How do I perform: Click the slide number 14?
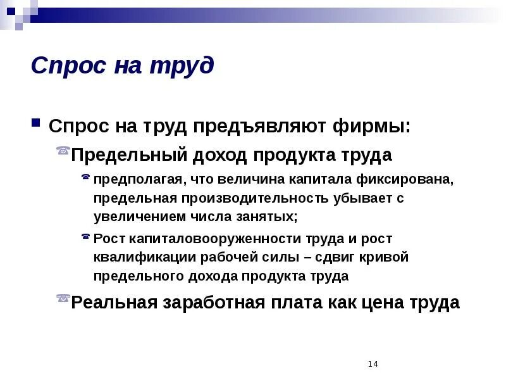point(372,364)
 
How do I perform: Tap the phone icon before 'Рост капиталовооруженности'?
point(85,236)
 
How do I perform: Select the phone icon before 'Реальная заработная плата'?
point(63,297)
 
